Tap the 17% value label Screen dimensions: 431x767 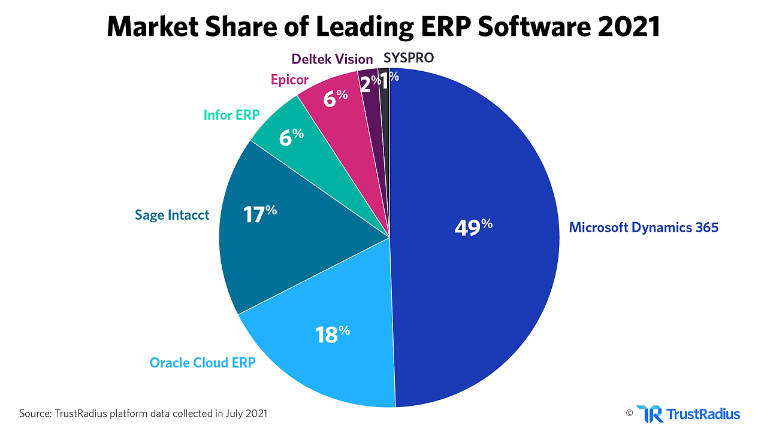click(259, 214)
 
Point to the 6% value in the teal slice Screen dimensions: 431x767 click(291, 137)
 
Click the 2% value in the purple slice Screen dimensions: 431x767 click(369, 84)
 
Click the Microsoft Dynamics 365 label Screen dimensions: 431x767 click(644, 227)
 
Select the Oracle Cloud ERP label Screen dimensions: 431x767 click(203, 363)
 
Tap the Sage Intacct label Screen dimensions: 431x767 click(172, 215)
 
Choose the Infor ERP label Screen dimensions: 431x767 click(231, 115)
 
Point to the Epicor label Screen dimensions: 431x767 click(289, 80)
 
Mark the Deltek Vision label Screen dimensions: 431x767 click(332, 59)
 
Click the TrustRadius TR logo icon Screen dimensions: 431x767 click(650, 414)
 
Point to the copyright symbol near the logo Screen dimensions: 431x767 click(629, 412)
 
